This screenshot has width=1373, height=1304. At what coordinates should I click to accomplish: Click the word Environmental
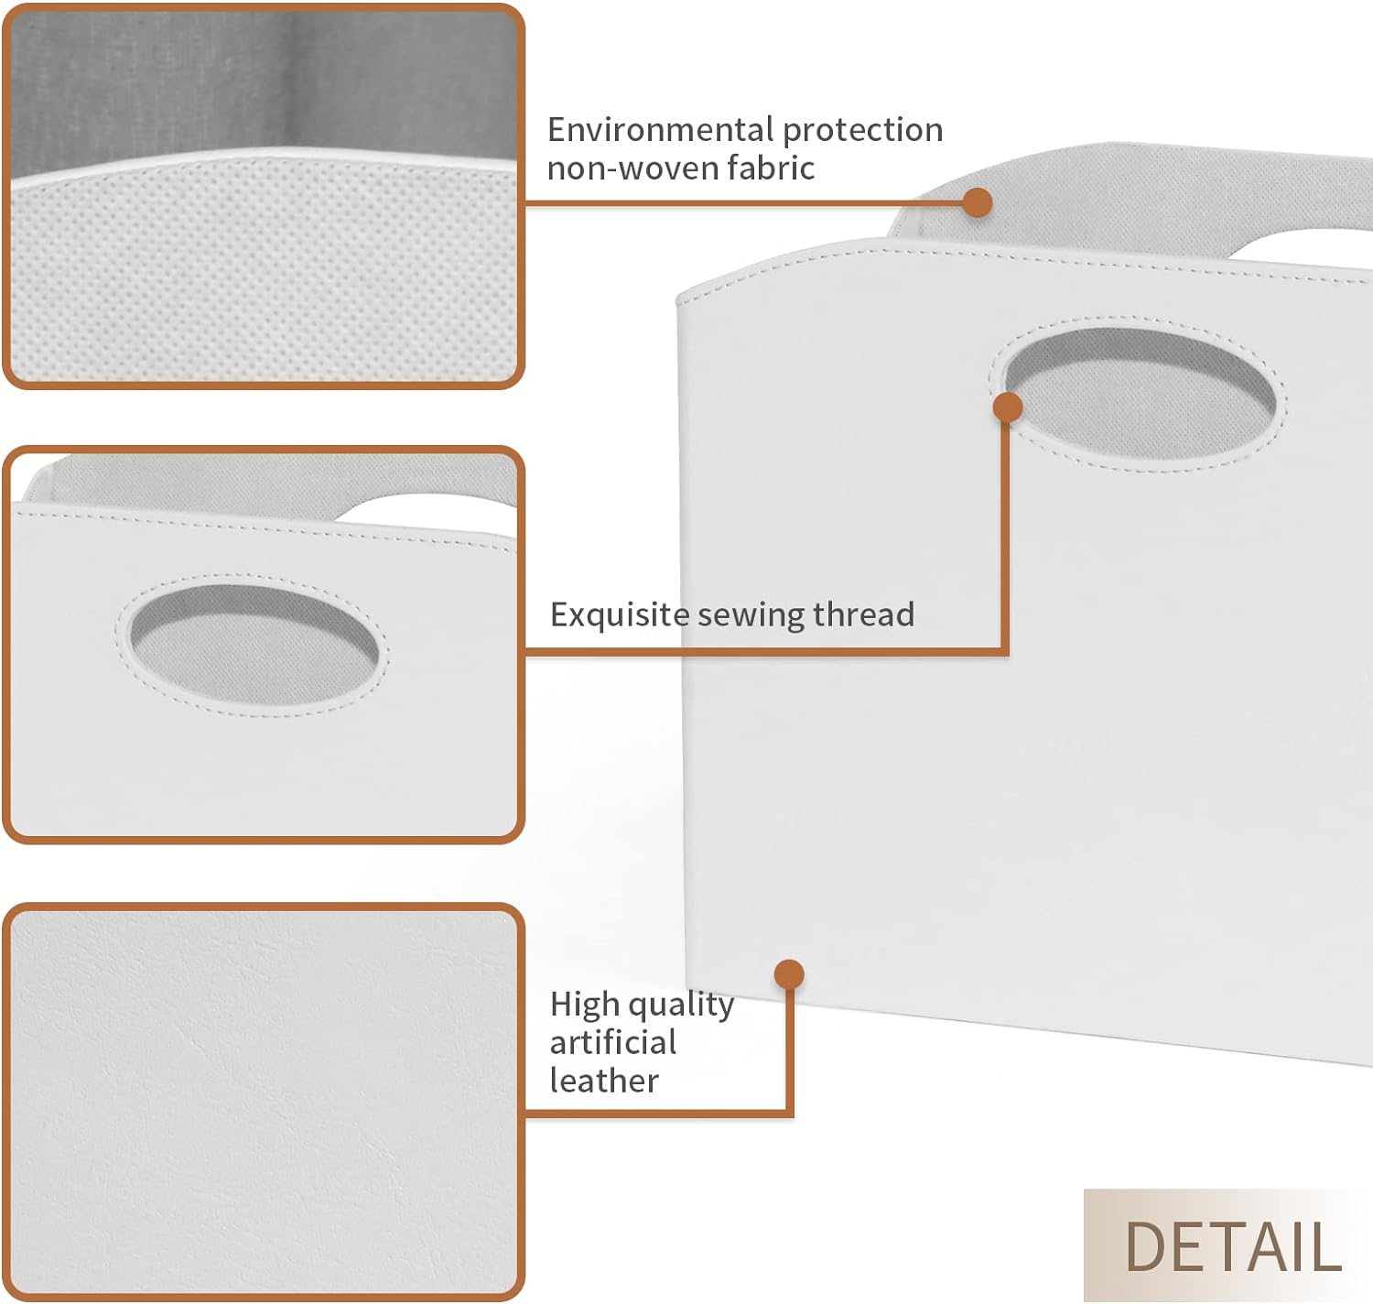tap(661, 130)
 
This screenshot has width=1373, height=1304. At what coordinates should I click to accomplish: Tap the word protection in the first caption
tap(862, 131)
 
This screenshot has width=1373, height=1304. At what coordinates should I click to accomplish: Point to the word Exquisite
tap(620, 615)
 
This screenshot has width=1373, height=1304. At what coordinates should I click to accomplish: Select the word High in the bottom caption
tap(585, 1005)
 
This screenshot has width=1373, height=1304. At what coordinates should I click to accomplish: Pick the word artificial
tap(613, 1043)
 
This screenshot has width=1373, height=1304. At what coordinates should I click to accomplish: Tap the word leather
tap(604, 1081)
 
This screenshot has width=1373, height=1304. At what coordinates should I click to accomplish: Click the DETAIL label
tap(1233, 1247)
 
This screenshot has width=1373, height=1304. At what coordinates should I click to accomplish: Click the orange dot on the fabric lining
tap(977, 202)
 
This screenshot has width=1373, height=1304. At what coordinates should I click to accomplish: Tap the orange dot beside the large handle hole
tap(1008, 407)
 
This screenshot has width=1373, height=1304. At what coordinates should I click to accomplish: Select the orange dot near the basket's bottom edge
tap(789, 974)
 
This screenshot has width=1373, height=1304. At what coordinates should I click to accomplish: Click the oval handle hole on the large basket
tap(1140, 394)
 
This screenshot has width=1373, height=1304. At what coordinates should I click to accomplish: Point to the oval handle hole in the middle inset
tap(254, 645)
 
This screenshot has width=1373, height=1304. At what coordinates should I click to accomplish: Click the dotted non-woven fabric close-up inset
tap(264, 196)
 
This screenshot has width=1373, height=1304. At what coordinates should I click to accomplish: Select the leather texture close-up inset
tap(264, 1102)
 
